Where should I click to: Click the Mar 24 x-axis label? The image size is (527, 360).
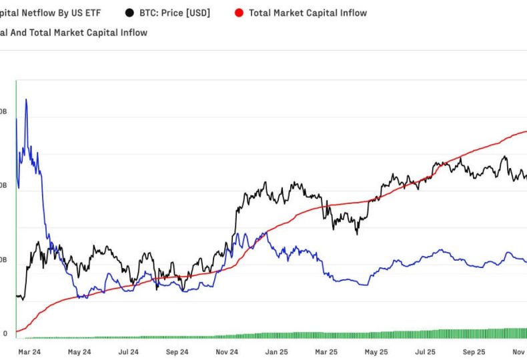coord(29,351)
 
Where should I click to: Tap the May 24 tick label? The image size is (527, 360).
coord(79,351)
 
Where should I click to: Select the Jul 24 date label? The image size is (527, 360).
coord(129,351)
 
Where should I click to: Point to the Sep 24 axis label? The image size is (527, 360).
coord(177,351)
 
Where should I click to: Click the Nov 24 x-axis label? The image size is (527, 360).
coord(227,351)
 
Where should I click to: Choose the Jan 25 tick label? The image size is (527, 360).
coord(277,351)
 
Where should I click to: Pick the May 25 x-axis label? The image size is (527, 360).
coord(376,351)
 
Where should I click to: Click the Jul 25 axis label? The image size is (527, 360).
coord(426,351)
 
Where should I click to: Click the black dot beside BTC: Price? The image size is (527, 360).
coord(128,13)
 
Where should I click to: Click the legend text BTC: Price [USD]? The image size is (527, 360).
coord(174,13)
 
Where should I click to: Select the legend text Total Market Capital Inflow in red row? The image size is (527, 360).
coord(308,13)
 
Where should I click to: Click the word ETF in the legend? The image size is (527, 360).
coord(91,13)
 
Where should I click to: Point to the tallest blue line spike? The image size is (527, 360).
coord(26,100)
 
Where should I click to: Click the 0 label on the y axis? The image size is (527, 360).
coord(5,333)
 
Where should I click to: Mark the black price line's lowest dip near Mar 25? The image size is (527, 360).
coord(357,233)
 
